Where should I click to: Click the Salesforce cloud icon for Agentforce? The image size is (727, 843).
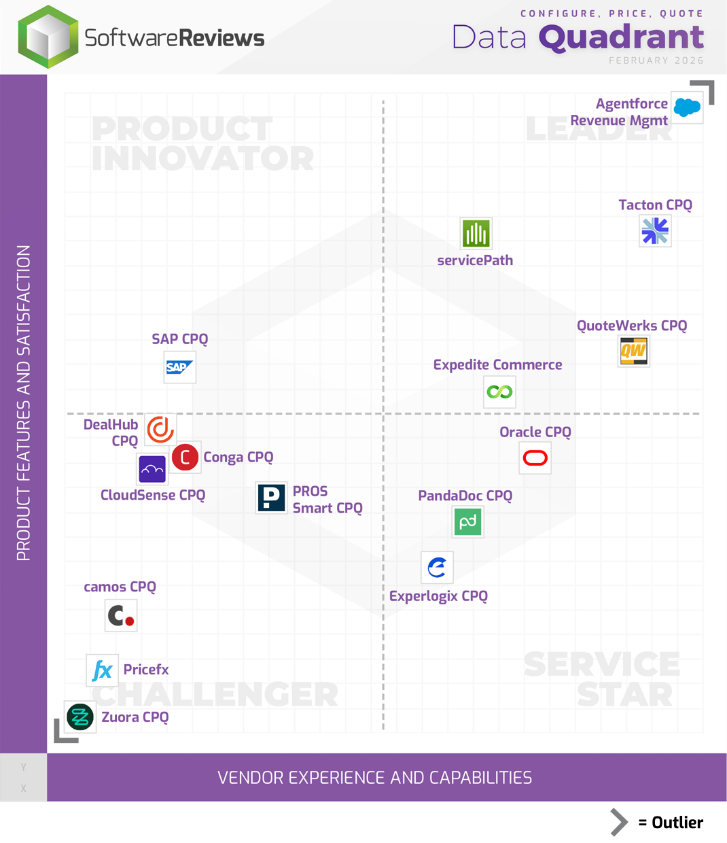click(687, 107)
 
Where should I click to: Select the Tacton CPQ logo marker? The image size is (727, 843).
click(655, 230)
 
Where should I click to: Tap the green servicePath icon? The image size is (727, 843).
click(476, 234)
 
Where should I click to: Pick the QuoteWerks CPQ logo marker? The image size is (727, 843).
click(633, 351)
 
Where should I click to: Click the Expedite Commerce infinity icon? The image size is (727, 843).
click(499, 392)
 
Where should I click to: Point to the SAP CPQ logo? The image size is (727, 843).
click(180, 367)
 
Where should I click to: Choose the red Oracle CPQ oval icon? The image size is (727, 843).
click(535, 458)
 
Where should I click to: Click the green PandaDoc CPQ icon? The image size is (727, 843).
click(468, 522)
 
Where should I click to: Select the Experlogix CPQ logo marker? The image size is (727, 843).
click(437, 567)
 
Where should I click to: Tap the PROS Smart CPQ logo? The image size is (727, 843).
click(271, 498)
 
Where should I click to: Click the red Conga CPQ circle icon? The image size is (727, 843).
click(185, 458)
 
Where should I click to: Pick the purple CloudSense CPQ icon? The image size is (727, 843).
click(152, 469)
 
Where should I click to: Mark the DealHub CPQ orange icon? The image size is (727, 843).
click(161, 429)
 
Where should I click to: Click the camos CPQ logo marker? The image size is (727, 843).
click(121, 616)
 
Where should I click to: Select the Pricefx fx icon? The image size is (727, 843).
click(102, 670)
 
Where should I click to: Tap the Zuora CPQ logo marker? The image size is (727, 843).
click(80, 717)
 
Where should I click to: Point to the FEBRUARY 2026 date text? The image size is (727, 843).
click(656, 61)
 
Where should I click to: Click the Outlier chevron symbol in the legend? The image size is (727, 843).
click(618, 822)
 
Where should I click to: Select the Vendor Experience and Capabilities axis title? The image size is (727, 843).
click(374, 778)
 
